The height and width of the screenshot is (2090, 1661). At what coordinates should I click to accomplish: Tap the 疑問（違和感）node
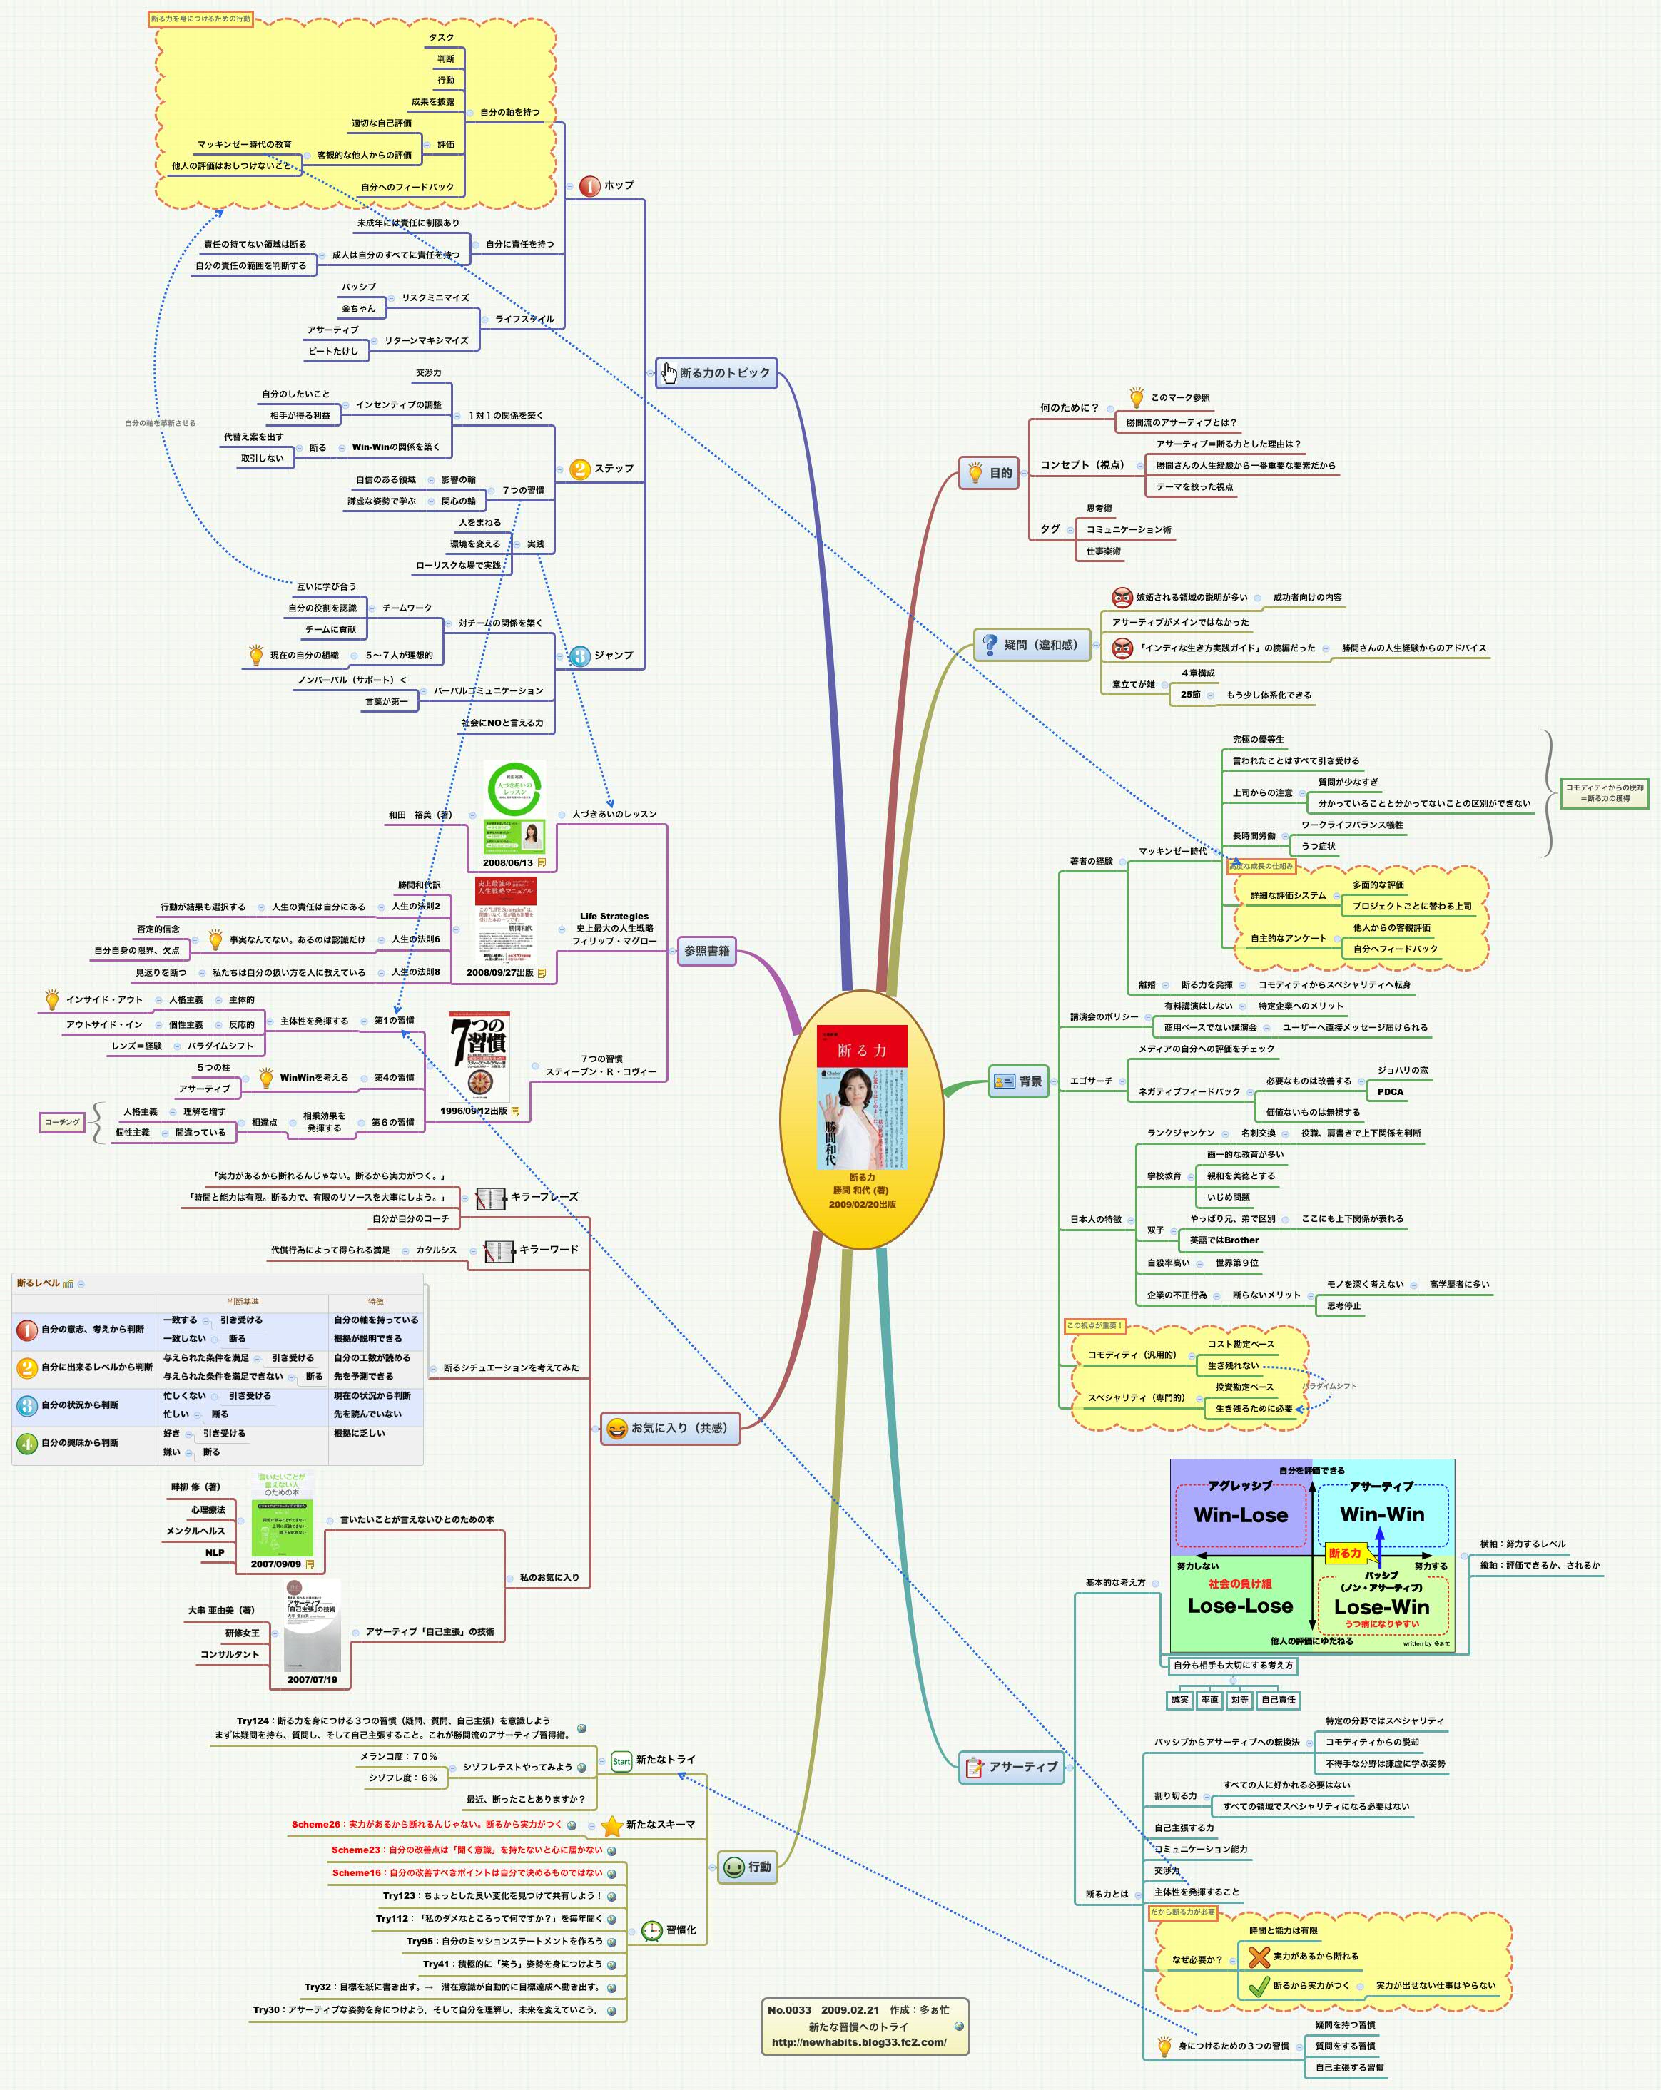(x=1032, y=645)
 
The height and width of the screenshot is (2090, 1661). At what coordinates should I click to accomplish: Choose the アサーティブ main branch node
(x=1011, y=1766)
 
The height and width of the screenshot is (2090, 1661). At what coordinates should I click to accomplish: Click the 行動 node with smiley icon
(x=748, y=1866)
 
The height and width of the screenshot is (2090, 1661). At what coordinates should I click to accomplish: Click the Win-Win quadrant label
(x=1382, y=1514)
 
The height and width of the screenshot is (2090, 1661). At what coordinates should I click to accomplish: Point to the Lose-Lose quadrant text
(x=1240, y=1606)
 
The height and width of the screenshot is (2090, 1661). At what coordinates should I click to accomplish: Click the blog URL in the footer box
(x=858, y=2041)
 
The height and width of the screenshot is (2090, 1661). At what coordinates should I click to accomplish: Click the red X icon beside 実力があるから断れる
(x=1258, y=1956)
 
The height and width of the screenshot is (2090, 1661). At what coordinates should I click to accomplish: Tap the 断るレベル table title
(x=38, y=1283)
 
